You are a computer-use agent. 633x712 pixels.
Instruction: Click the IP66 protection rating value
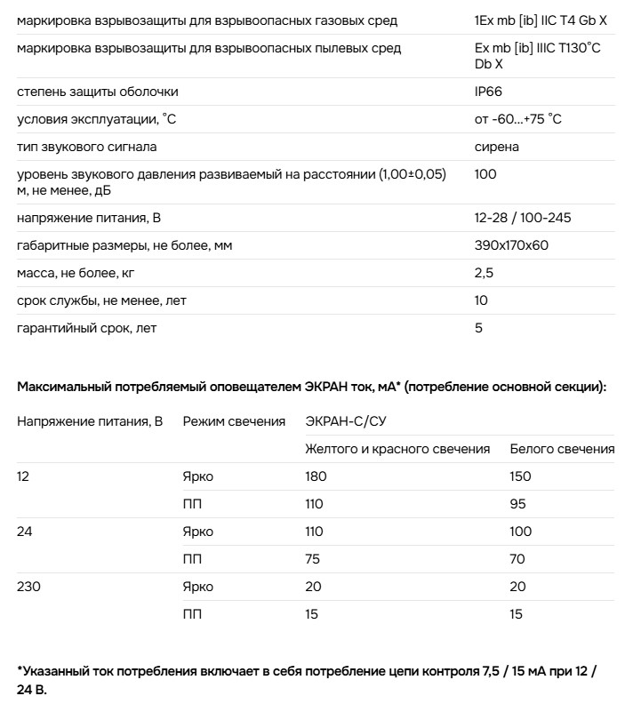point(490,92)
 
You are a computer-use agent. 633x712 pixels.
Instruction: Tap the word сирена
point(497,147)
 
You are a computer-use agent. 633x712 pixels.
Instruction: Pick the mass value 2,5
point(485,273)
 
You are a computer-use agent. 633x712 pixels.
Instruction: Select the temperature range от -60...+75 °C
point(518,119)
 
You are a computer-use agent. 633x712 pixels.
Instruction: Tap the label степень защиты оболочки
point(98,92)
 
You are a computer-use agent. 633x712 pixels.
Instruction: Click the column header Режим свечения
point(234,421)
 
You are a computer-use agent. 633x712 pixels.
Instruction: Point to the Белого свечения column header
point(562,449)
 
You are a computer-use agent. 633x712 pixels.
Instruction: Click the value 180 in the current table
point(316,476)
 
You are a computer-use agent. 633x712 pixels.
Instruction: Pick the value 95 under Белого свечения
point(517,504)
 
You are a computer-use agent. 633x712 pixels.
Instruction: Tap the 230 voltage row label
point(28,587)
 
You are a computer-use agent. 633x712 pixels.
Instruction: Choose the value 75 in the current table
point(313,559)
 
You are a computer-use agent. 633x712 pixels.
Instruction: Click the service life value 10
point(482,300)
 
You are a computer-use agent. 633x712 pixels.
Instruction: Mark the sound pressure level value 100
point(485,174)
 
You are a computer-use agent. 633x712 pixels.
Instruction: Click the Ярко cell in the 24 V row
point(197,532)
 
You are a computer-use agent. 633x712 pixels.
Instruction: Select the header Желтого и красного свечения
point(397,449)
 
